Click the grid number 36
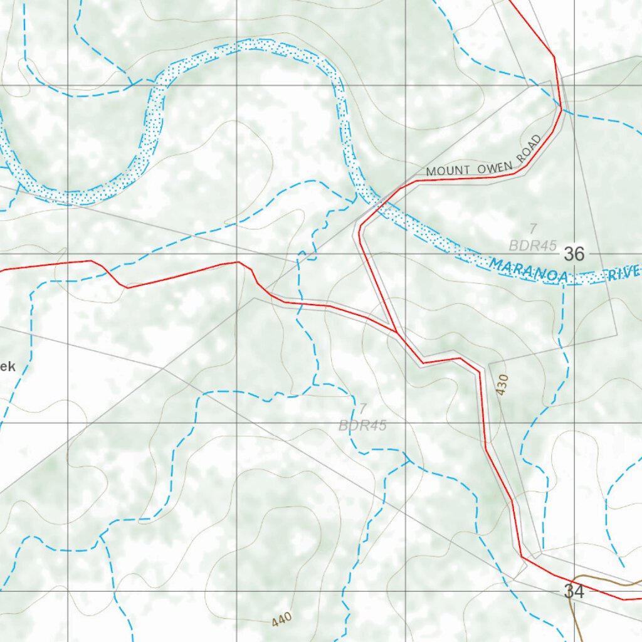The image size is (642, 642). [x=574, y=254]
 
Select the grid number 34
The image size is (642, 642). [x=574, y=591]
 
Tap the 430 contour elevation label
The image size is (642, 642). [x=501, y=384]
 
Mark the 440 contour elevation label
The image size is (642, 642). [x=282, y=620]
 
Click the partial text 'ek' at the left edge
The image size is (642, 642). [x=7, y=367]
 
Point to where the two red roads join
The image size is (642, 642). [x=396, y=332]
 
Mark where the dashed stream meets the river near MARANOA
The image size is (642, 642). [x=562, y=282]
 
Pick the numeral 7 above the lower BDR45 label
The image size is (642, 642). [x=362, y=409]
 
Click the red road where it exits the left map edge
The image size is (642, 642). [x=3, y=270]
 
